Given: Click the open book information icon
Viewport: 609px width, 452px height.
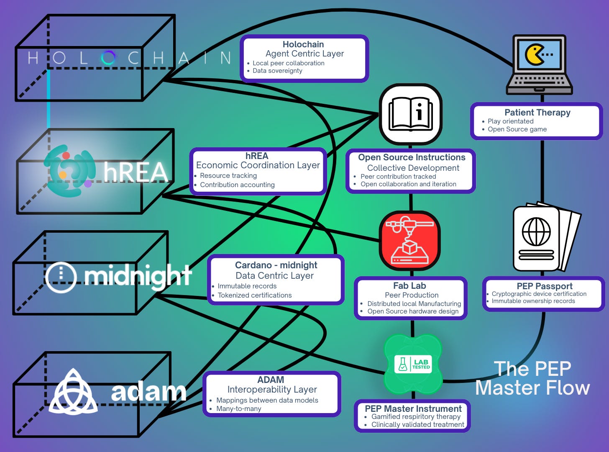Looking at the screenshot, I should pos(410,114).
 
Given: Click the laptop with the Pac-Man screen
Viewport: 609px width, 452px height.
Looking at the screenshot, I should pos(539,65).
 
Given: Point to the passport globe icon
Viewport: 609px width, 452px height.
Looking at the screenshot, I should pos(536,231).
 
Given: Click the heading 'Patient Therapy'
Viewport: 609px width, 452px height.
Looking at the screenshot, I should pos(537,112).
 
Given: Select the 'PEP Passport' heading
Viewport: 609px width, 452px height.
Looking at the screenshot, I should pos(544,286).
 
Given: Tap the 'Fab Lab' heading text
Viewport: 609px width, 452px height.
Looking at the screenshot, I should pos(409,285).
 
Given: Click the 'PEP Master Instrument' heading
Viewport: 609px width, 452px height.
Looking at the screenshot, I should pos(413,408).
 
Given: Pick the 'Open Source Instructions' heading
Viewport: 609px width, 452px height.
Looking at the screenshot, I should pos(412,157).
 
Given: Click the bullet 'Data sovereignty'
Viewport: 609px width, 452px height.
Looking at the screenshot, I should pos(277,71).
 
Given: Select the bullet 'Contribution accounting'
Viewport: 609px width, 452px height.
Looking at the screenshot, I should pos(237,185).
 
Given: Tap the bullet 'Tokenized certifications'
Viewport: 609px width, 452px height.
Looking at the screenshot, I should pos(254,295).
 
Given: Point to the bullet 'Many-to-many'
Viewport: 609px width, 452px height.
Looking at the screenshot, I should pos(238,408).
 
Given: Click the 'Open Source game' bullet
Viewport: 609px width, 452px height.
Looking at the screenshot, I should pos(517,129).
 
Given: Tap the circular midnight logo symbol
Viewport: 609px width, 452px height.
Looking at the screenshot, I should pos(61,277).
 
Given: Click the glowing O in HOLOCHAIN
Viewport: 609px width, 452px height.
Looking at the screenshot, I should pos(108,58).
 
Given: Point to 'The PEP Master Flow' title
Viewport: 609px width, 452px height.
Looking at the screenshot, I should pos(532,378).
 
